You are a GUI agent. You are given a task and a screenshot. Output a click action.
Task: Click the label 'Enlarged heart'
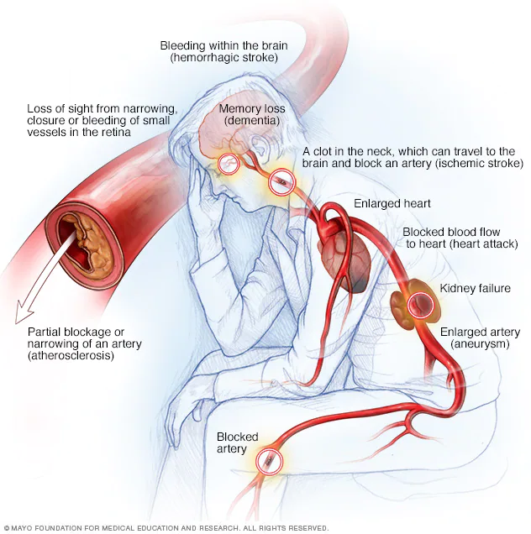[392, 203]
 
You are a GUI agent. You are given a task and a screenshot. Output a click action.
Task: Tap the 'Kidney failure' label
[475, 288]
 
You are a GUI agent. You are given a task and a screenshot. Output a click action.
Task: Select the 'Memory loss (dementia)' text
[252, 114]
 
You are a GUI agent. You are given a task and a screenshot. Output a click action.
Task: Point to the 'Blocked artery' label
[238, 442]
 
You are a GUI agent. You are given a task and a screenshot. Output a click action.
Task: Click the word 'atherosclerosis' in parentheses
[71, 355]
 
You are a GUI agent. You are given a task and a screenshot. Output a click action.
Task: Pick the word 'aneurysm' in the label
[480, 343]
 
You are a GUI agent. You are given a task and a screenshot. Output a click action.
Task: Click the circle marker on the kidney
[420, 304]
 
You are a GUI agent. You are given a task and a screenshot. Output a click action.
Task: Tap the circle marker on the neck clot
[281, 182]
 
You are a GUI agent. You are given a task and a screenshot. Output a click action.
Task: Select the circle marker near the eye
[229, 164]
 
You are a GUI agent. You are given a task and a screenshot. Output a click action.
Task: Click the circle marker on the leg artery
[269, 462]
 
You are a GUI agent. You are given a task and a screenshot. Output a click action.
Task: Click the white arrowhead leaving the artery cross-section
[24, 312]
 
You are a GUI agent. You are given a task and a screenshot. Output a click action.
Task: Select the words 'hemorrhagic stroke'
[224, 57]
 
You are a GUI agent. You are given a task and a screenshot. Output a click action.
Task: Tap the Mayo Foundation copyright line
[166, 528]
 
